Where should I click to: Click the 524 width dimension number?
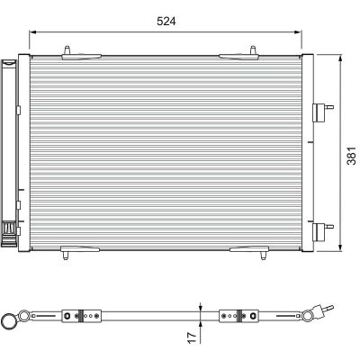point(166,22)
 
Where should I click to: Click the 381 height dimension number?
point(352,156)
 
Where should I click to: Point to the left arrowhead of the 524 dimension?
point(32,32)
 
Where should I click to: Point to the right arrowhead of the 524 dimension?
point(298,32)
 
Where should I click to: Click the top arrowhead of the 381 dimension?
point(340,58)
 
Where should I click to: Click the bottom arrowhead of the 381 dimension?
point(340,247)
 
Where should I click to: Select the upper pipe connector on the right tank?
point(322,112)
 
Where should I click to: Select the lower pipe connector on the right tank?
point(322,231)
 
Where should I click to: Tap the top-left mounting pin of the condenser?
point(67,49)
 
